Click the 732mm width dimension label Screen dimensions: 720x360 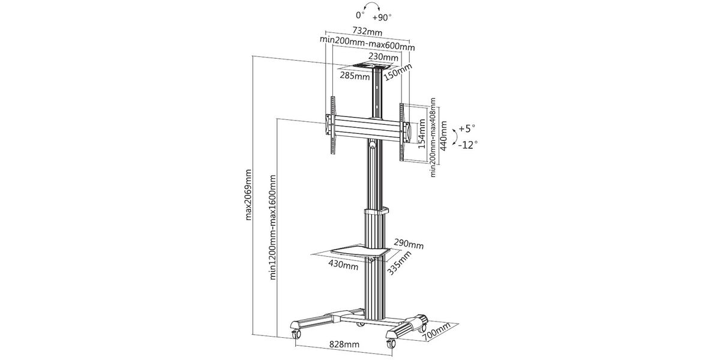click(x=367, y=31)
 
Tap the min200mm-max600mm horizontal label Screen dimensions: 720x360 click(x=367, y=44)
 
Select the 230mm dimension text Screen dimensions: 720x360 click(x=383, y=57)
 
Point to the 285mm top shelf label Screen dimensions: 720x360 click(x=355, y=76)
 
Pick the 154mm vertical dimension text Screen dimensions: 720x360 click(x=422, y=134)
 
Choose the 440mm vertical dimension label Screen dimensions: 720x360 click(x=443, y=136)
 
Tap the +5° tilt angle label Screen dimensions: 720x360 click(x=467, y=128)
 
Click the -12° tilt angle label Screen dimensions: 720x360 click(x=467, y=145)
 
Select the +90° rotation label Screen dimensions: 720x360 click(x=382, y=17)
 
